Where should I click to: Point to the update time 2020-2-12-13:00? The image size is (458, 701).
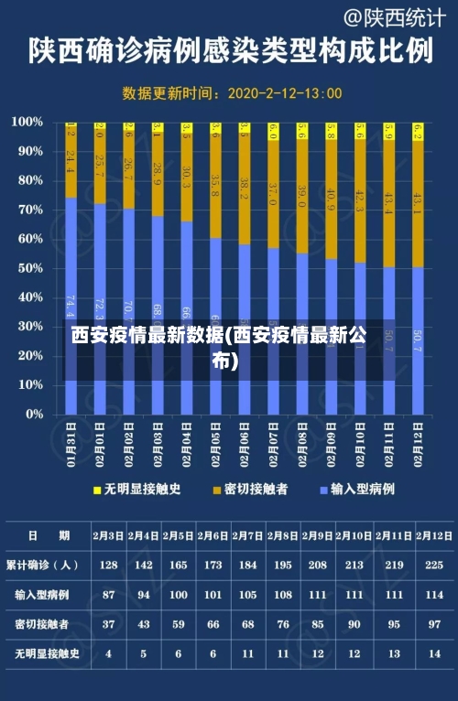tap(284, 93)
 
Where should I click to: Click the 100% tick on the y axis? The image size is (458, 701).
tap(27, 122)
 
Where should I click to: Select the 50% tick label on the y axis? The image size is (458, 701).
tap(28, 268)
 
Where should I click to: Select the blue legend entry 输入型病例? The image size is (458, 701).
tap(361, 490)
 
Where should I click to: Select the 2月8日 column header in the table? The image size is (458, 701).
tap(282, 535)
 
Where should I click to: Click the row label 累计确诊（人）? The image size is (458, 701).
tap(41, 565)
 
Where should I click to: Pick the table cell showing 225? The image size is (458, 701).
tap(435, 565)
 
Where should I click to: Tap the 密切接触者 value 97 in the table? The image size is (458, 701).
tap(435, 624)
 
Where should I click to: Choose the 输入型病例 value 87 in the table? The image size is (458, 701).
tap(108, 595)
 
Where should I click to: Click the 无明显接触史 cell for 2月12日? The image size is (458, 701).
tap(435, 654)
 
